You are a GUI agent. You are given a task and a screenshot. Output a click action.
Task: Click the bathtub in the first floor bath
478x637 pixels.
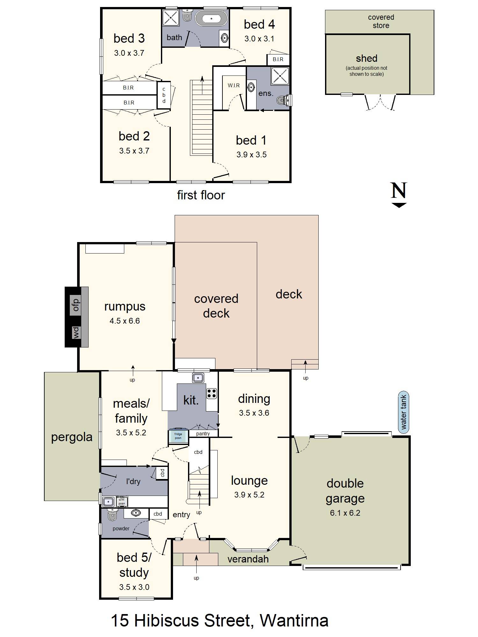coord(211,18)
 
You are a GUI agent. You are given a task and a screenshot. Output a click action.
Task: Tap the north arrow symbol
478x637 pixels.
coord(399,195)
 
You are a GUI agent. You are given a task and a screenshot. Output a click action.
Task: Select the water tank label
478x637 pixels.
coord(403,412)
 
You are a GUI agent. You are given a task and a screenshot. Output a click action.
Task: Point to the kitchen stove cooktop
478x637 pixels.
coord(212,393)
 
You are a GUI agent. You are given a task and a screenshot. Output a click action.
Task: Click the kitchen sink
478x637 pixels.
coord(198,378)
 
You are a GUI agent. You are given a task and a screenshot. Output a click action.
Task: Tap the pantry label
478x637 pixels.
coord(203,433)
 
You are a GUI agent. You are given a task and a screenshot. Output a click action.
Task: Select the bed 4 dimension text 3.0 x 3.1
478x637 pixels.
coord(259,39)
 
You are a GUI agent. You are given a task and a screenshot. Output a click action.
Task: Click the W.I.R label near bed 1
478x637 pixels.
coord(234,85)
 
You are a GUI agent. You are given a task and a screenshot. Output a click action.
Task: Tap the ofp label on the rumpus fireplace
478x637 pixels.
coord(76,305)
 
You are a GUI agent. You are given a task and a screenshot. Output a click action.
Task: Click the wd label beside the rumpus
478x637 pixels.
coord(76,333)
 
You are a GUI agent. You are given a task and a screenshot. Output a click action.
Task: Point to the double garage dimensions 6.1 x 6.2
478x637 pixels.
coord(345,513)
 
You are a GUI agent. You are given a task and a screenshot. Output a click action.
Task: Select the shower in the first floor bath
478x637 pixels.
coord(171,18)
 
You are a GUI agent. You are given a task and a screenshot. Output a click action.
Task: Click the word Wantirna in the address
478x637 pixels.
coord(294,620)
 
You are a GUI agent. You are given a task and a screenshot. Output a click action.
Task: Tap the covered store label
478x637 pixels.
coord(381,21)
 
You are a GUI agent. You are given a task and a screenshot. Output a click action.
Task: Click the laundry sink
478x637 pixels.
coord(109,502)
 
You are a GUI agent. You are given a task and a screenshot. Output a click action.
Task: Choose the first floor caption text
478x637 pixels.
coord(201,195)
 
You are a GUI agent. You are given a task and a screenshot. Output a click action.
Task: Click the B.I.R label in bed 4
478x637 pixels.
coord(278,59)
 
